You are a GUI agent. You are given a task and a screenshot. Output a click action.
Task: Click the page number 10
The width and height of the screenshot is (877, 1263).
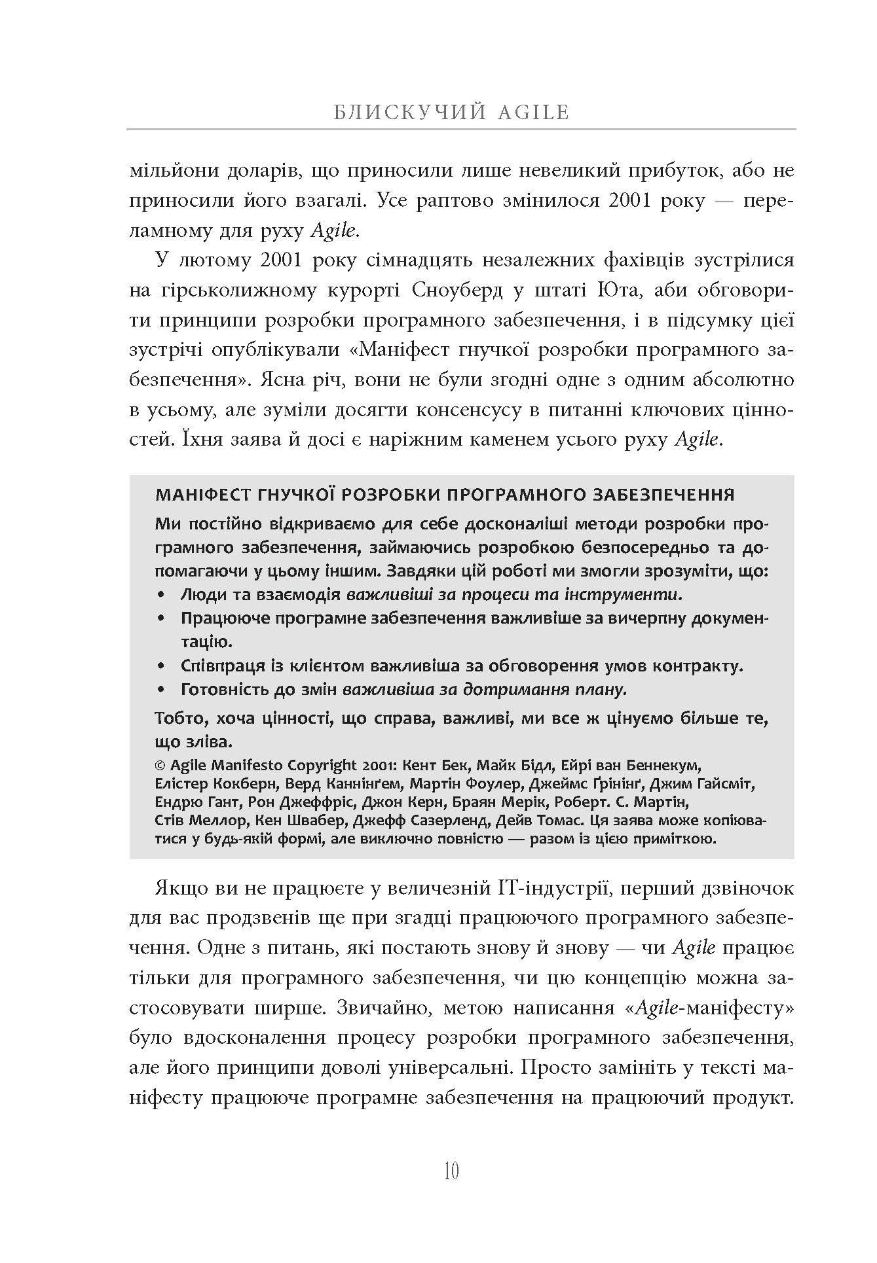coord(451,1171)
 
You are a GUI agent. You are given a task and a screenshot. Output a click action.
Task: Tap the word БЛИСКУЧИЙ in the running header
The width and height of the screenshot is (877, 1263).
coord(410,113)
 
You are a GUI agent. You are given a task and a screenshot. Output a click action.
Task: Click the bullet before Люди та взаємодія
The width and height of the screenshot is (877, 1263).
coord(161,596)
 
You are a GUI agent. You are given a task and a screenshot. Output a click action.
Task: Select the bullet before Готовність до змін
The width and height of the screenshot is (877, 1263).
coord(161,690)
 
